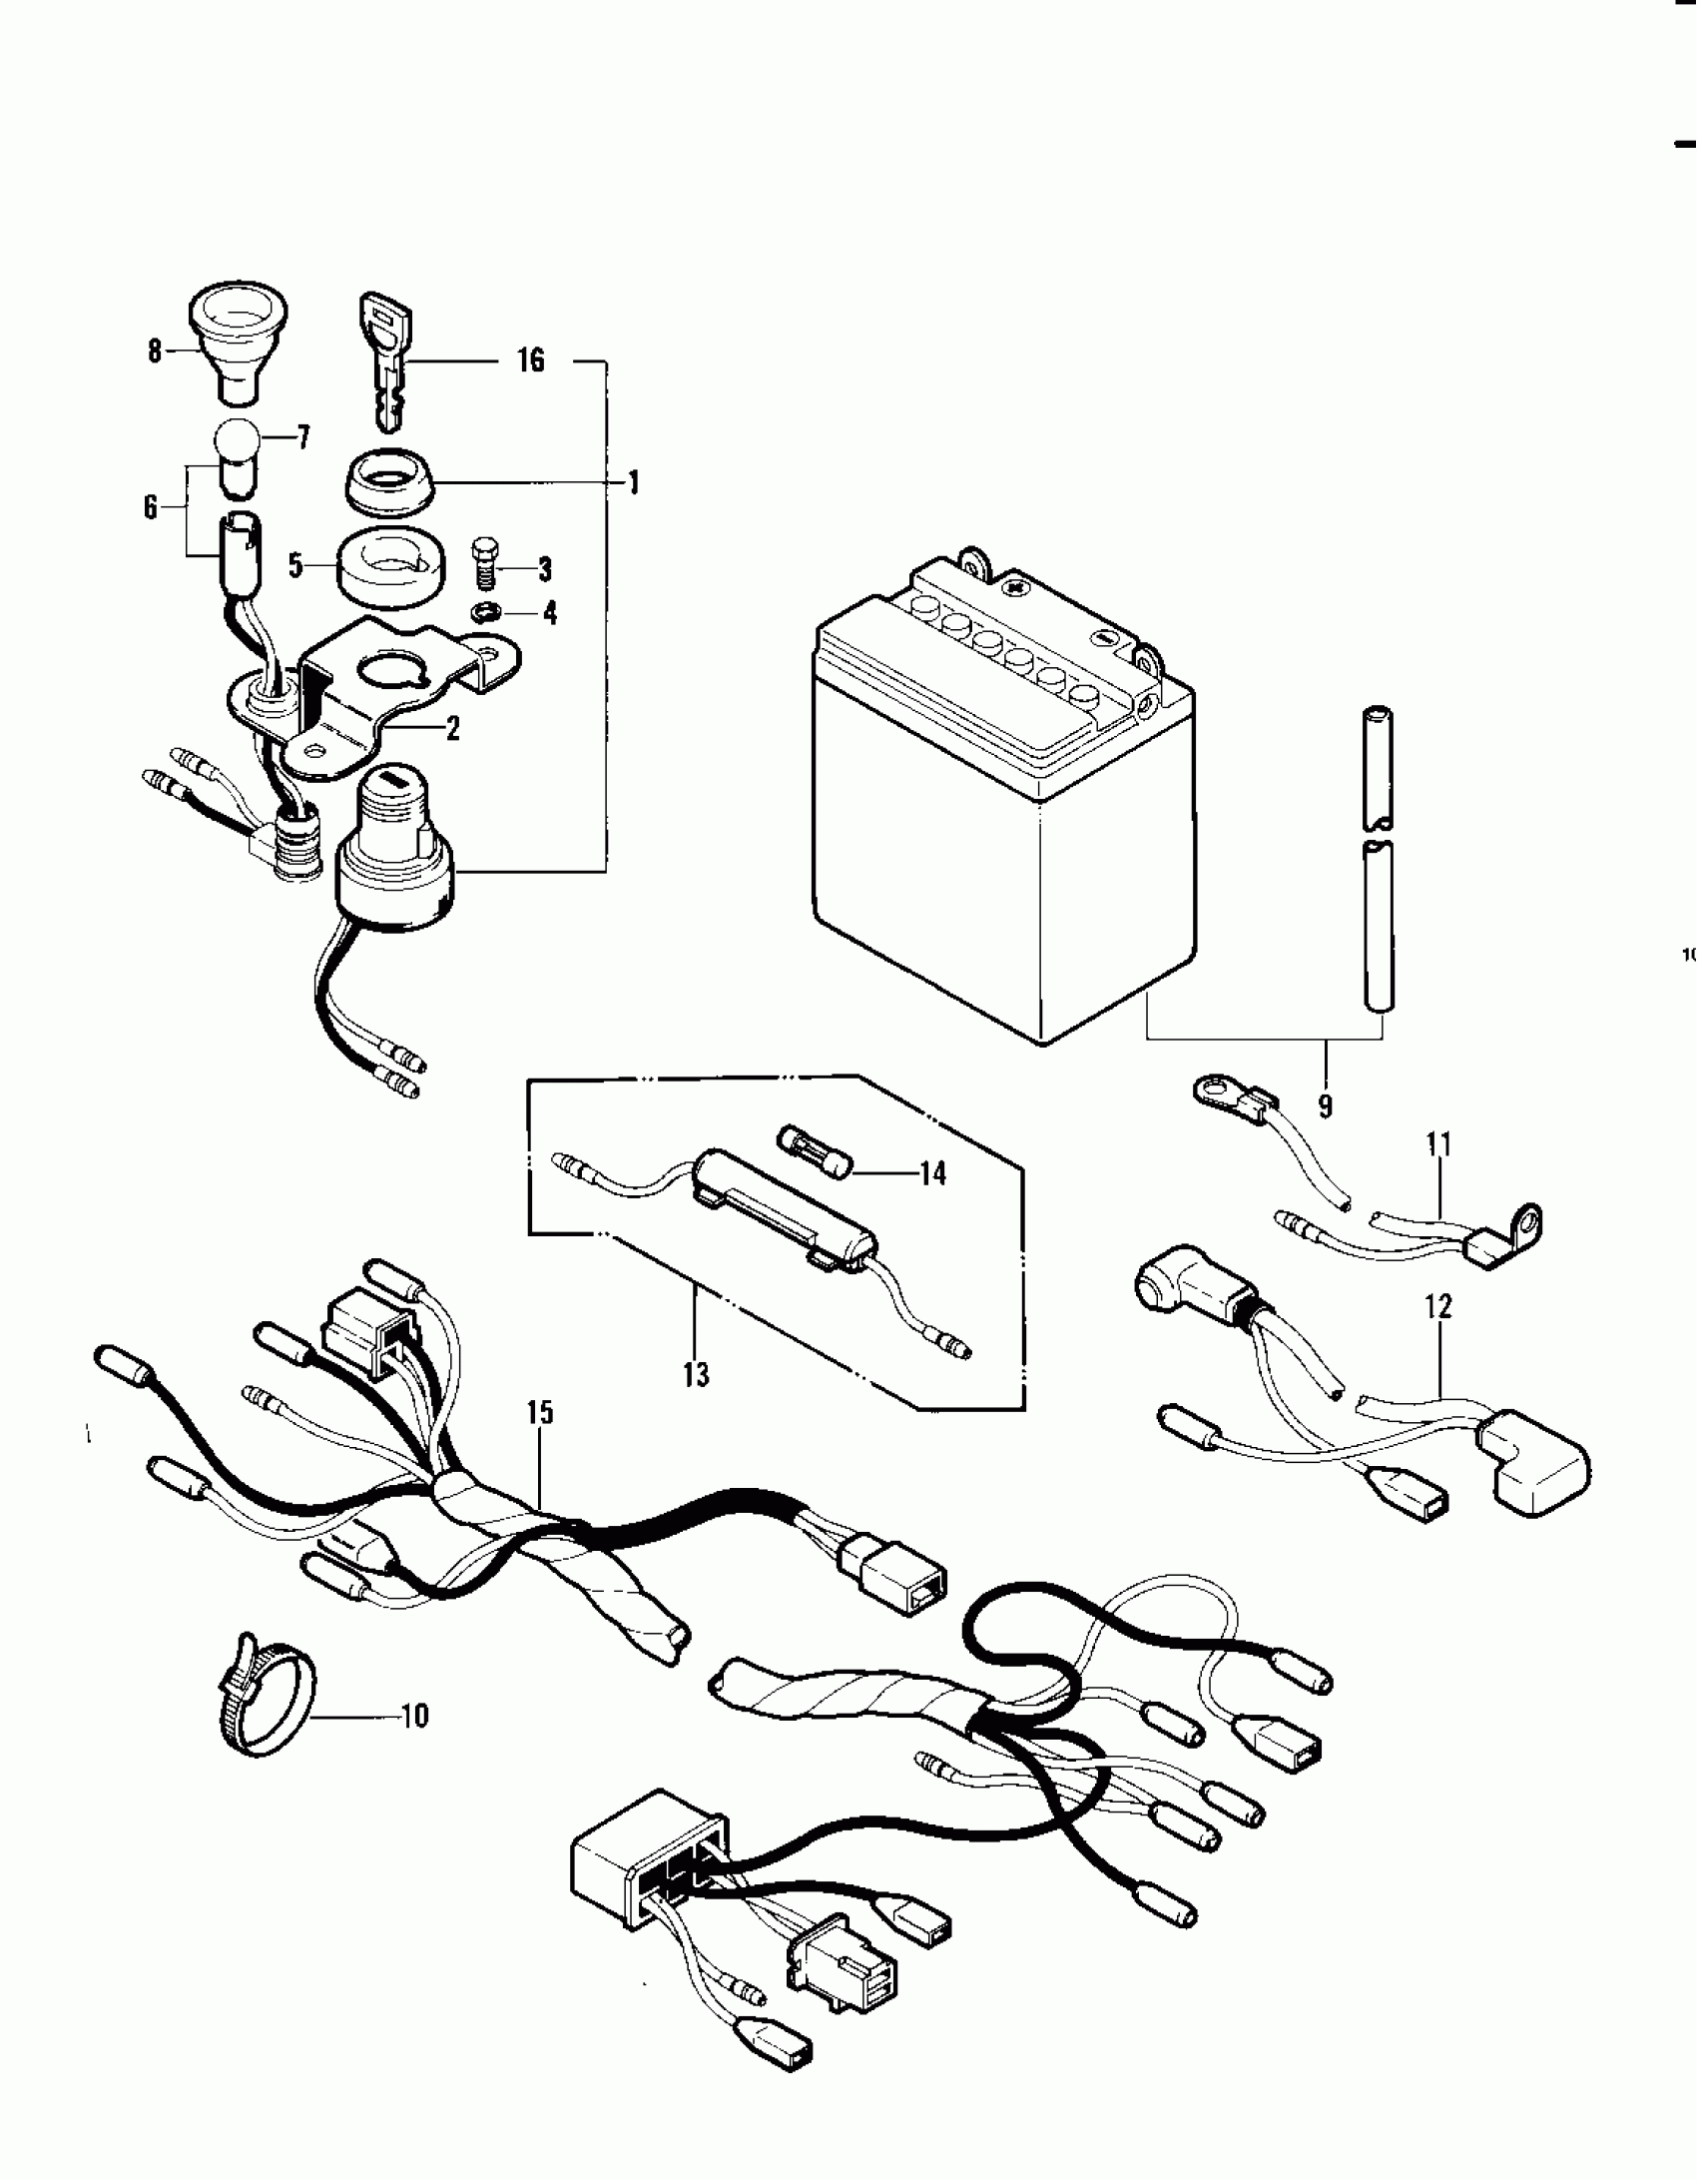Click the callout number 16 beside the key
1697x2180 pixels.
(531, 360)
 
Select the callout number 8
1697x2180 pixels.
(155, 352)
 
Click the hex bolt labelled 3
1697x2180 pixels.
(484, 566)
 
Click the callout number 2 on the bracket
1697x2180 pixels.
(452, 728)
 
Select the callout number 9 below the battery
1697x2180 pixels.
(1325, 1105)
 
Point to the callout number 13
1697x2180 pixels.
(696, 1374)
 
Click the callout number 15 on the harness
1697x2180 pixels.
(540, 1412)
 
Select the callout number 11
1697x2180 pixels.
(1437, 1144)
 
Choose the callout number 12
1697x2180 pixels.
(1438, 1306)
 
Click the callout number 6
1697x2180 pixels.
(151, 507)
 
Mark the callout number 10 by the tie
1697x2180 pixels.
(414, 1716)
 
